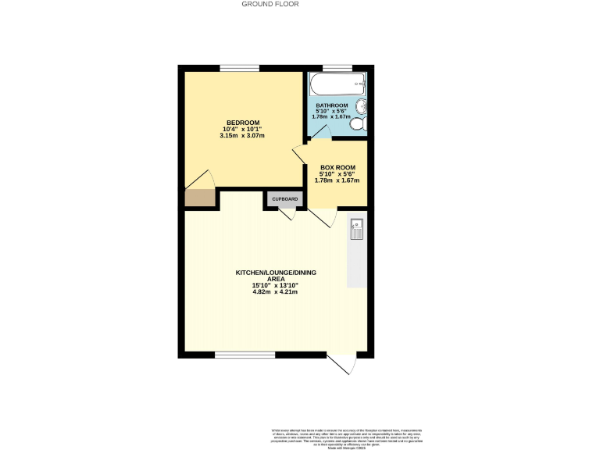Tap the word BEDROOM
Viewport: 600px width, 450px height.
click(x=242, y=123)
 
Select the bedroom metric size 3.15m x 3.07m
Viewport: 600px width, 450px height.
click(x=242, y=136)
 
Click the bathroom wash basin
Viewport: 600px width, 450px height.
click(x=362, y=108)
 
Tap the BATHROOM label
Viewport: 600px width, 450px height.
click(x=331, y=105)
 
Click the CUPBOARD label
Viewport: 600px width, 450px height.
click(x=284, y=199)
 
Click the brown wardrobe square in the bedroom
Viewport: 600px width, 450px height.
click(x=199, y=198)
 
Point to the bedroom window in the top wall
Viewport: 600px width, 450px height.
click(x=239, y=68)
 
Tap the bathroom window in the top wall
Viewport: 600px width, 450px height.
click(x=337, y=68)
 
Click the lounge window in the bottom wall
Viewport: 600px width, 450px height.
click(x=245, y=355)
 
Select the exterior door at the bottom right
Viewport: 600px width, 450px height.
click(x=342, y=364)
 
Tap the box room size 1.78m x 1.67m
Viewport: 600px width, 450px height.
click(x=336, y=180)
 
